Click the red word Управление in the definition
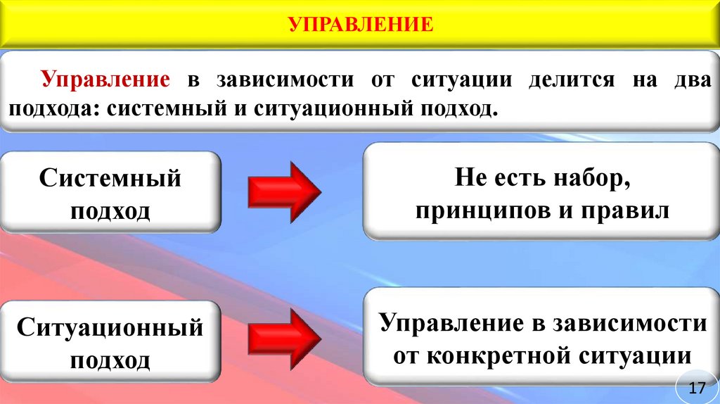(x=105, y=80)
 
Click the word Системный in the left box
(x=110, y=178)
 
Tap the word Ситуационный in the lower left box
(x=110, y=327)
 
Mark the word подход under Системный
(x=110, y=210)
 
